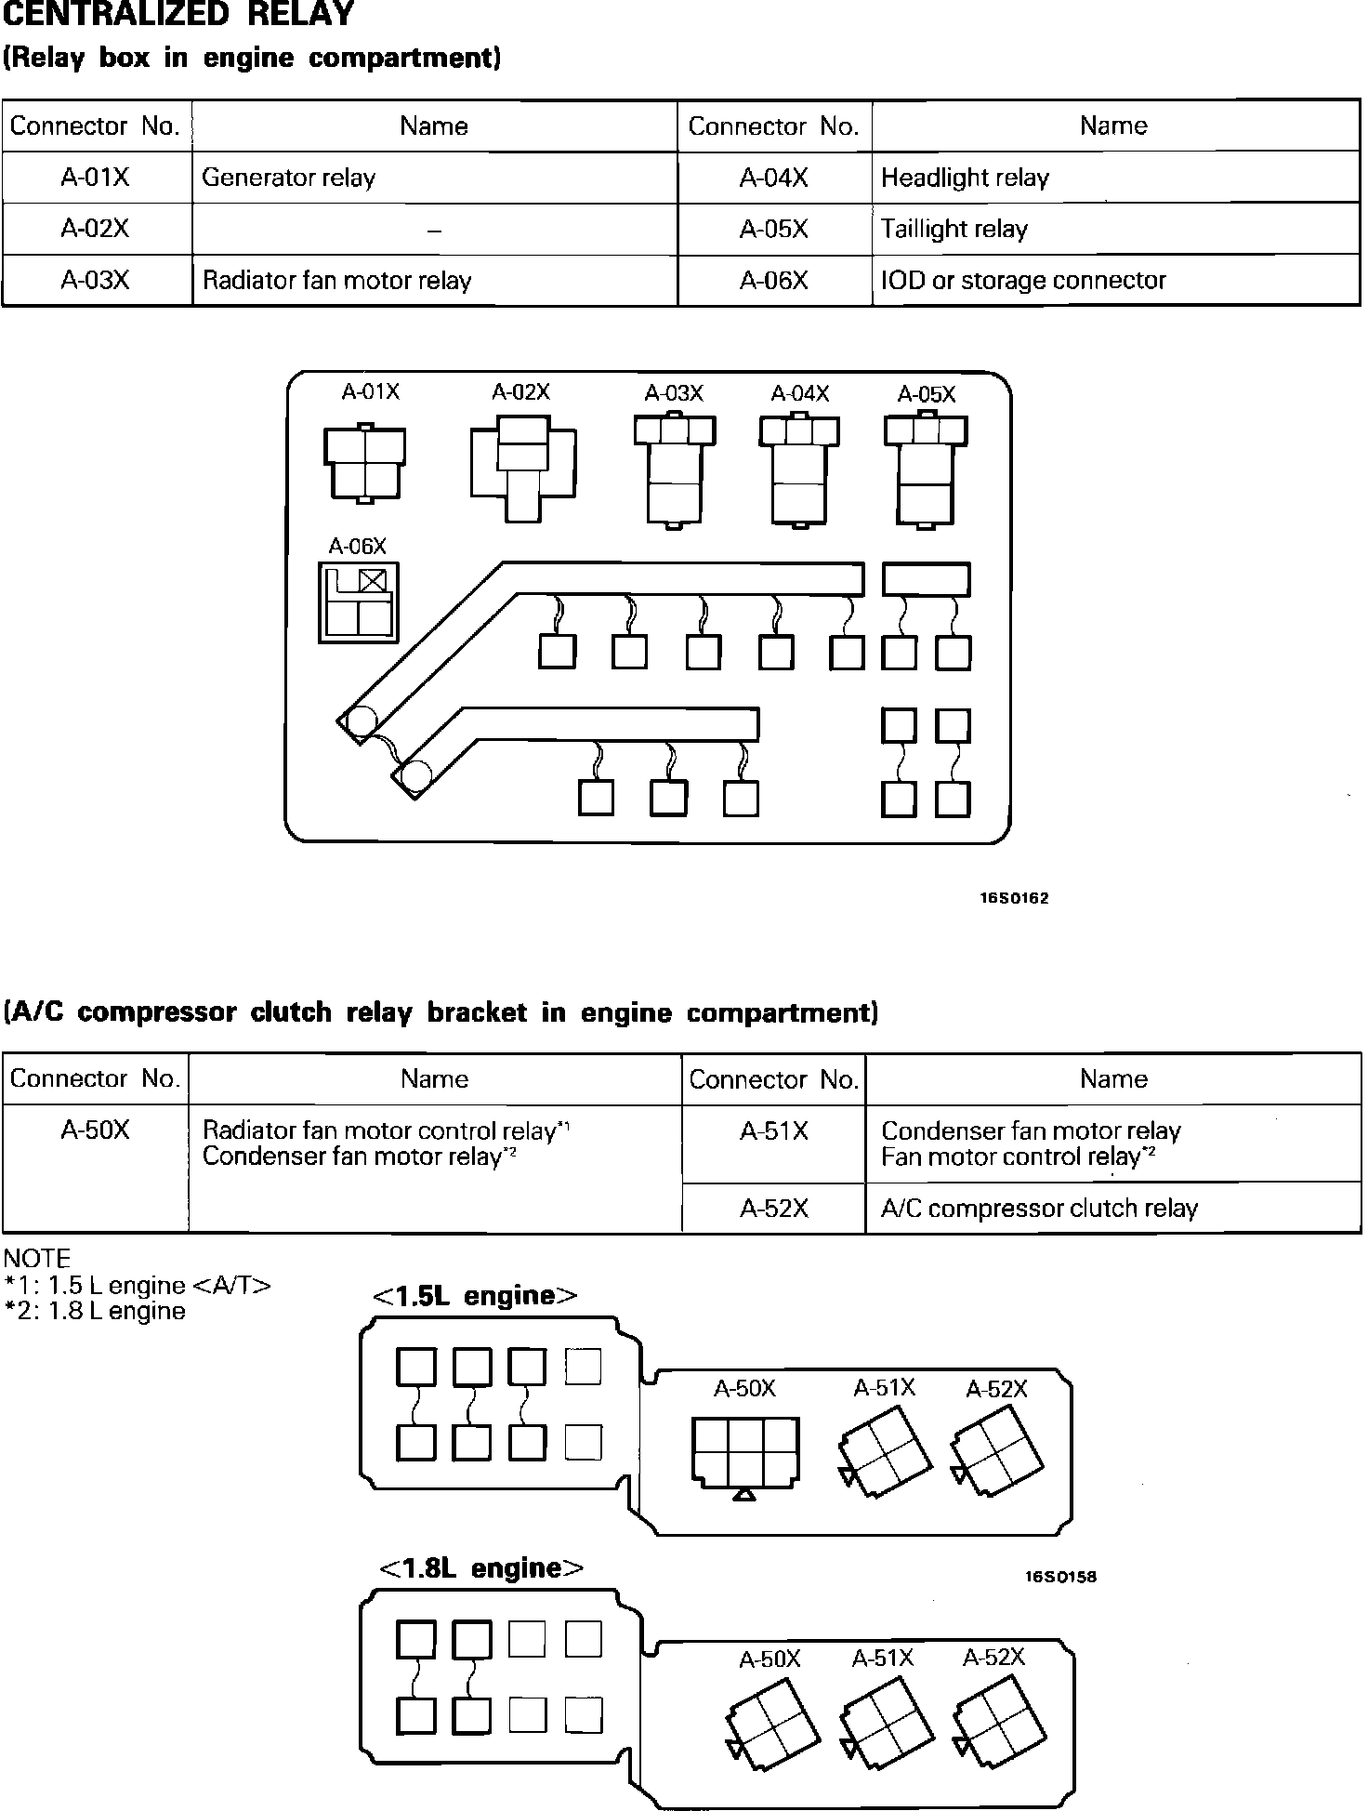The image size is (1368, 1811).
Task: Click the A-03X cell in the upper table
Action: (x=96, y=280)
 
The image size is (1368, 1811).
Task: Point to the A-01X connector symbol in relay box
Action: (x=364, y=464)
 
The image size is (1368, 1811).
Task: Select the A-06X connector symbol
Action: (x=359, y=601)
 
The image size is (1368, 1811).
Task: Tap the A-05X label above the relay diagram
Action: (x=926, y=394)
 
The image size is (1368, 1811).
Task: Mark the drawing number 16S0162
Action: (x=1014, y=898)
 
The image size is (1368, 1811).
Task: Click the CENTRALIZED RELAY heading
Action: (x=178, y=14)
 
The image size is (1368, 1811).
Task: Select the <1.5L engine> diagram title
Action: (x=475, y=1296)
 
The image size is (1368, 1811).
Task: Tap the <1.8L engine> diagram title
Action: (x=480, y=1568)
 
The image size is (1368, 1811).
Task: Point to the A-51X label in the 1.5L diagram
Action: (x=885, y=1388)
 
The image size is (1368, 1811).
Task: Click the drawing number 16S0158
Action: (x=1061, y=1577)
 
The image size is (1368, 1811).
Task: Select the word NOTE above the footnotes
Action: (x=37, y=1259)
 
